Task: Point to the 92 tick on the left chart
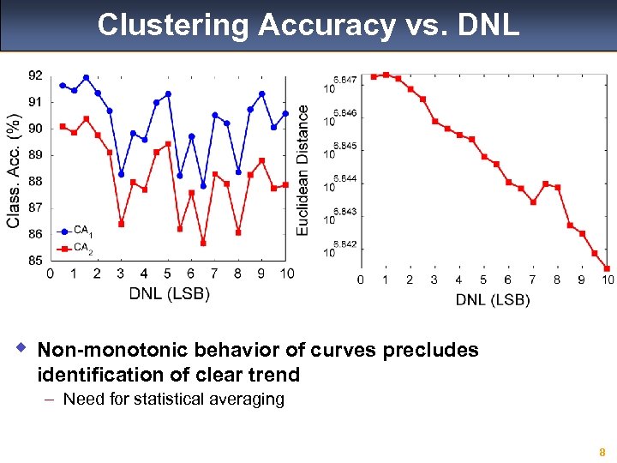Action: [34, 75]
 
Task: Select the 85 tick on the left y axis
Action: [34, 260]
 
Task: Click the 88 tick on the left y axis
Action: [34, 181]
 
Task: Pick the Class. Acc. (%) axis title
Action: [14, 171]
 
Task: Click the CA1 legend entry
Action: [82, 231]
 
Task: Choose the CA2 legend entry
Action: [82, 249]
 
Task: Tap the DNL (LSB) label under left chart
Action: [169, 293]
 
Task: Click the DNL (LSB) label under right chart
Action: [492, 299]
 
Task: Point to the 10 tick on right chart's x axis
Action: [607, 280]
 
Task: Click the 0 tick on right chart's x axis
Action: [361, 280]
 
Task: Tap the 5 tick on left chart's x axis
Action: [167, 274]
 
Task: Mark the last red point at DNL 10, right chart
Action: [607, 268]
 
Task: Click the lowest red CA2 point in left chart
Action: [203, 243]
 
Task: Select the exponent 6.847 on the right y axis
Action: [344, 79]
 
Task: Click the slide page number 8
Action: [602, 452]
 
